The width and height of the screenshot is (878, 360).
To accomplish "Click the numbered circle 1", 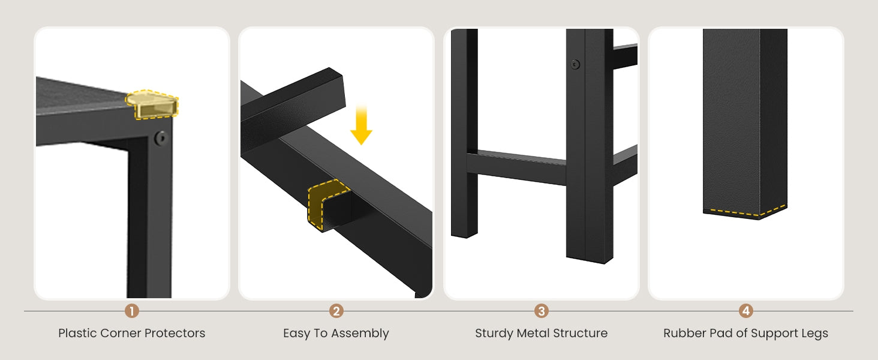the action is pyautogui.click(x=132, y=311).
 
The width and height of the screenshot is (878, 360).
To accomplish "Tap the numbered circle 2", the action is pyautogui.click(x=336, y=311).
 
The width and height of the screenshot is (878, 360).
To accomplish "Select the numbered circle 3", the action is pyautogui.click(x=542, y=311).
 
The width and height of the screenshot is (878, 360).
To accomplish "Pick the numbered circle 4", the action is pyautogui.click(x=746, y=311).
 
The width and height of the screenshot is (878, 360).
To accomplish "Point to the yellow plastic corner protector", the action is pyautogui.click(x=152, y=104).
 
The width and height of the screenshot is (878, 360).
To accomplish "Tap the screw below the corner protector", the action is pyautogui.click(x=161, y=138).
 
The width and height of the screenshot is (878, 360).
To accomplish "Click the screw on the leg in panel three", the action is pyautogui.click(x=575, y=64).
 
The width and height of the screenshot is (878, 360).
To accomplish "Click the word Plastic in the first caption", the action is pyautogui.click(x=77, y=333).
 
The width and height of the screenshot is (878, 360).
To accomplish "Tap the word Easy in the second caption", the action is pyautogui.click(x=296, y=334).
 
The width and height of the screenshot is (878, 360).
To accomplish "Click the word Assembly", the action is pyautogui.click(x=360, y=334).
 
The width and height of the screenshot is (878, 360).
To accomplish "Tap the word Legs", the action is pyautogui.click(x=815, y=334).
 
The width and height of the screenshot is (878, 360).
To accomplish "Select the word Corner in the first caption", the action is pyautogui.click(x=121, y=334).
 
